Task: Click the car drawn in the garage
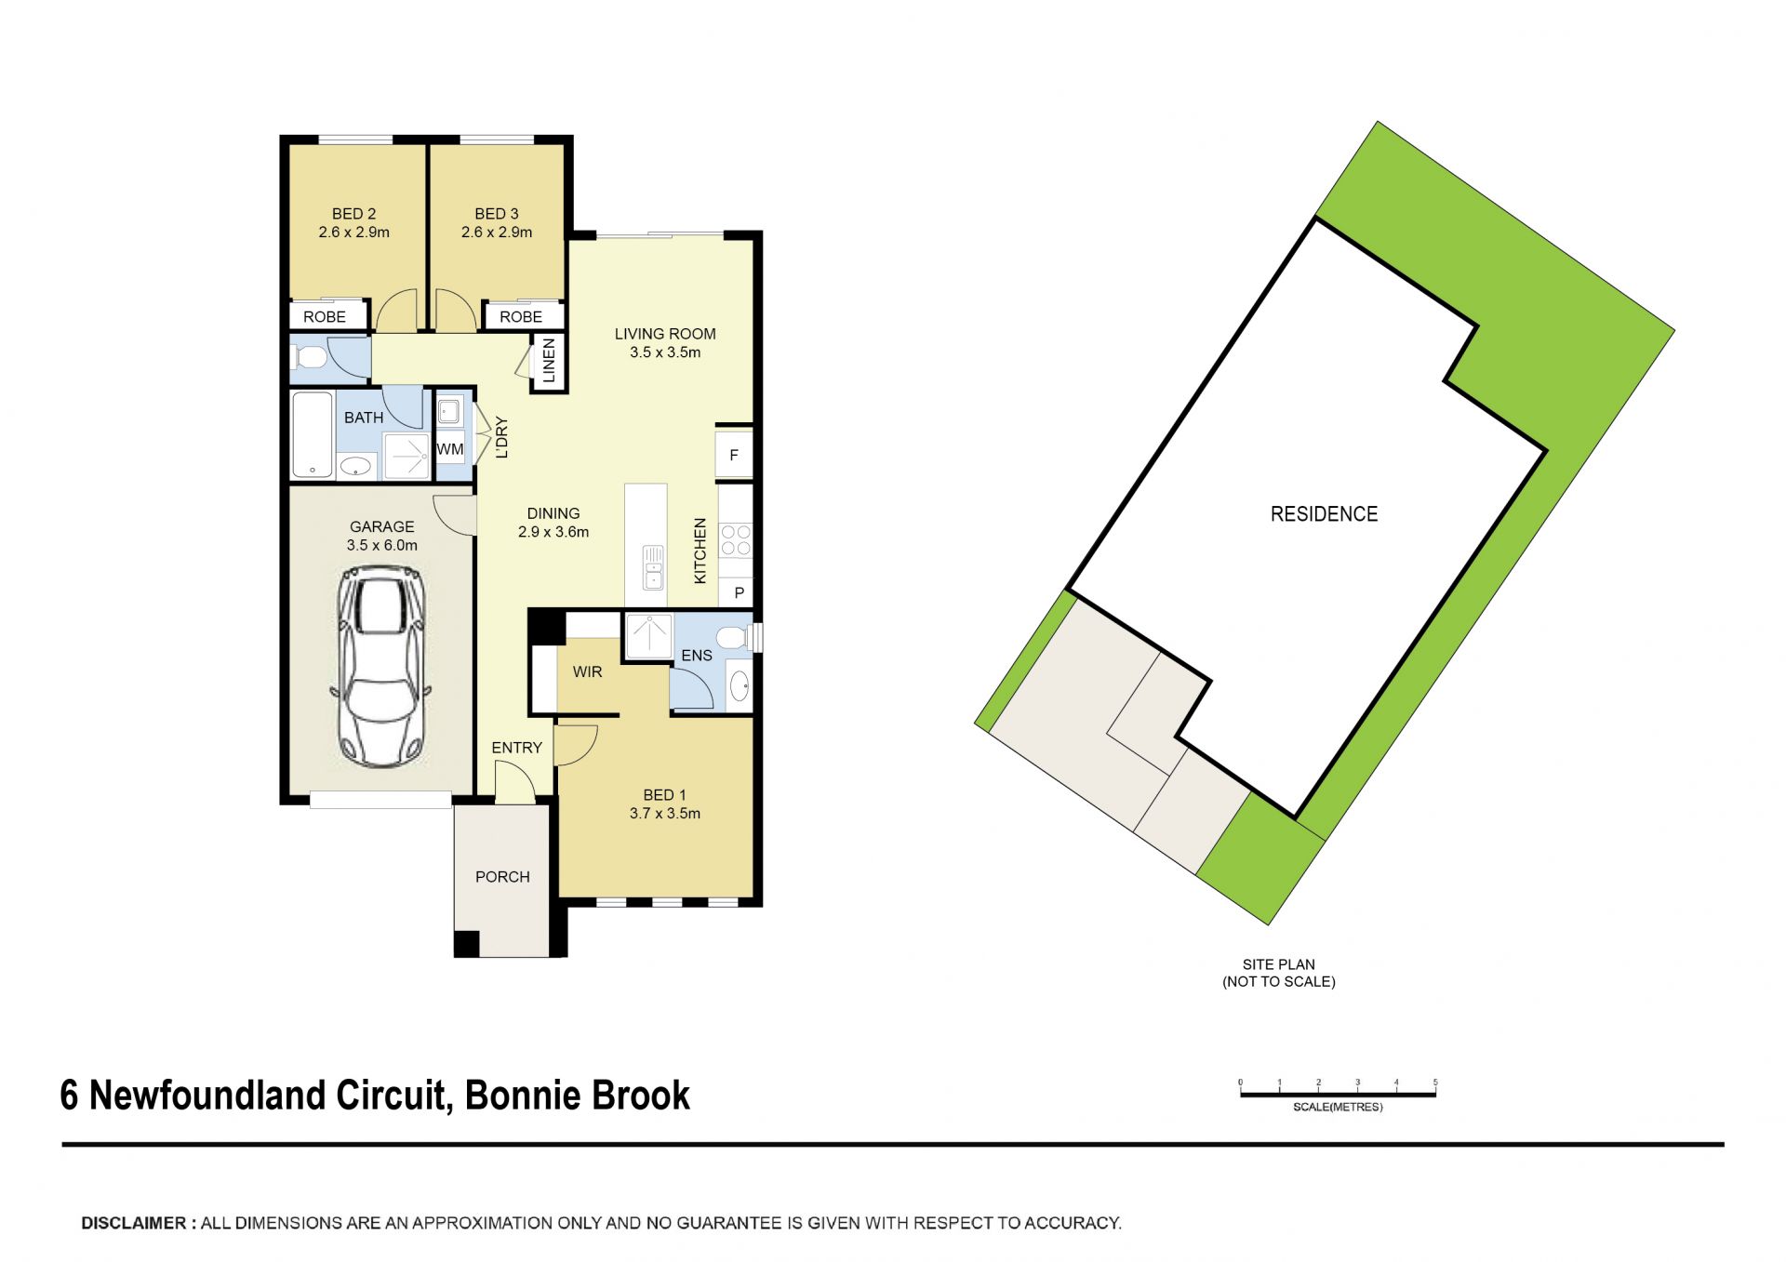[380, 666]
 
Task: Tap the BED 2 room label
[353, 214]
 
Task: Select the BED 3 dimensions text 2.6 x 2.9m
[497, 232]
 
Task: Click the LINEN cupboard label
[549, 361]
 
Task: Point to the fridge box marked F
[734, 456]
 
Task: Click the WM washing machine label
[450, 449]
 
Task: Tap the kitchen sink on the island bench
[654, 567]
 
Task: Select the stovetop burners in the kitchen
[736, 540]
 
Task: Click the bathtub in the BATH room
[313, 435]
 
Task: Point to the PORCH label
[502, 877]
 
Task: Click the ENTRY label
[516, 748]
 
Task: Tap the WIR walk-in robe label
[587, 672]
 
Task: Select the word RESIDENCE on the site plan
[1324, 514]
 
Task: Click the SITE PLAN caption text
[1279, 973]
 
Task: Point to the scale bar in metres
[1338, 1095]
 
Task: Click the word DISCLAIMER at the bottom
[134, 1224]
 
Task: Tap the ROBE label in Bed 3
[521, 317]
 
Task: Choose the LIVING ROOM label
[665, 334]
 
